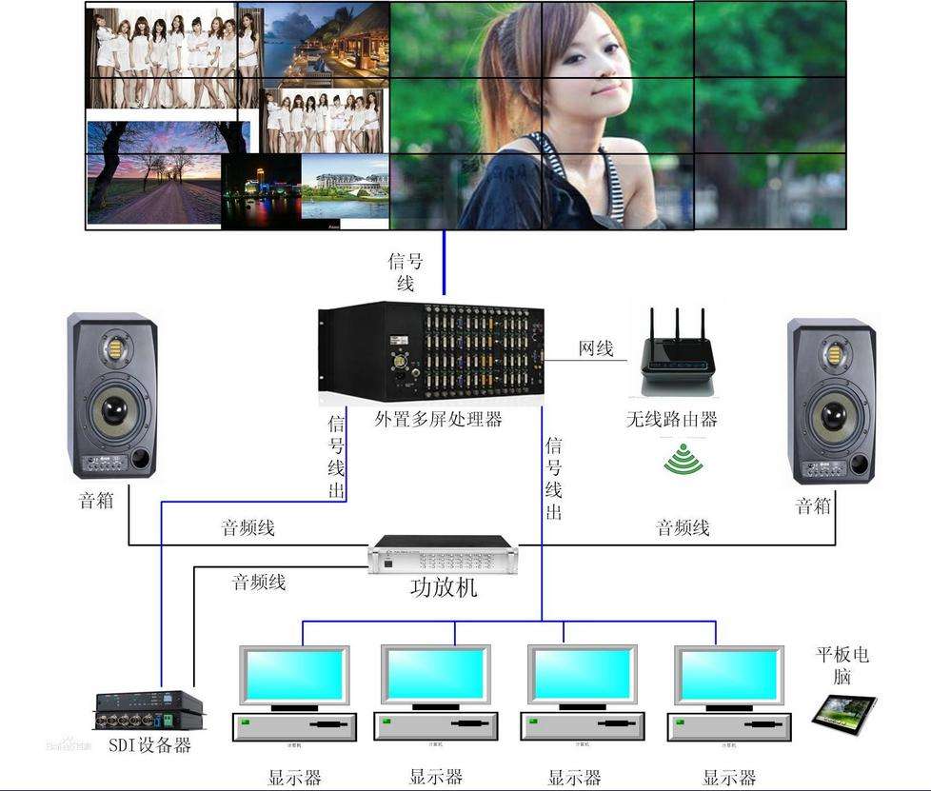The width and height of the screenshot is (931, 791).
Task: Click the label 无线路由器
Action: point(671,419)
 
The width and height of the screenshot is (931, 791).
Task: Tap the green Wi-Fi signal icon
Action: point(683,460)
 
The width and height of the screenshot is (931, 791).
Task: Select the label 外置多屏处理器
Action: point(438,419)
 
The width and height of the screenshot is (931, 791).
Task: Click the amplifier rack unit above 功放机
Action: point(444,554)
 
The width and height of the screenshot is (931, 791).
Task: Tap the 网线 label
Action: point(596,348)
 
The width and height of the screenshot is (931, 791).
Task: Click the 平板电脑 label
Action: point(842,665)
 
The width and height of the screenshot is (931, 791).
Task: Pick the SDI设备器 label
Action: point(149,744)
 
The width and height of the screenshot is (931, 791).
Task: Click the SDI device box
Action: point(149,708)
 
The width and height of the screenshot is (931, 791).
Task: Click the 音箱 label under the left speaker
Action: point(96,500)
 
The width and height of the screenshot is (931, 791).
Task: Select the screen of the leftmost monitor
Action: point(293,675)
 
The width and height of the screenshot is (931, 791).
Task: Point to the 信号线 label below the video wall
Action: point(405,271)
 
